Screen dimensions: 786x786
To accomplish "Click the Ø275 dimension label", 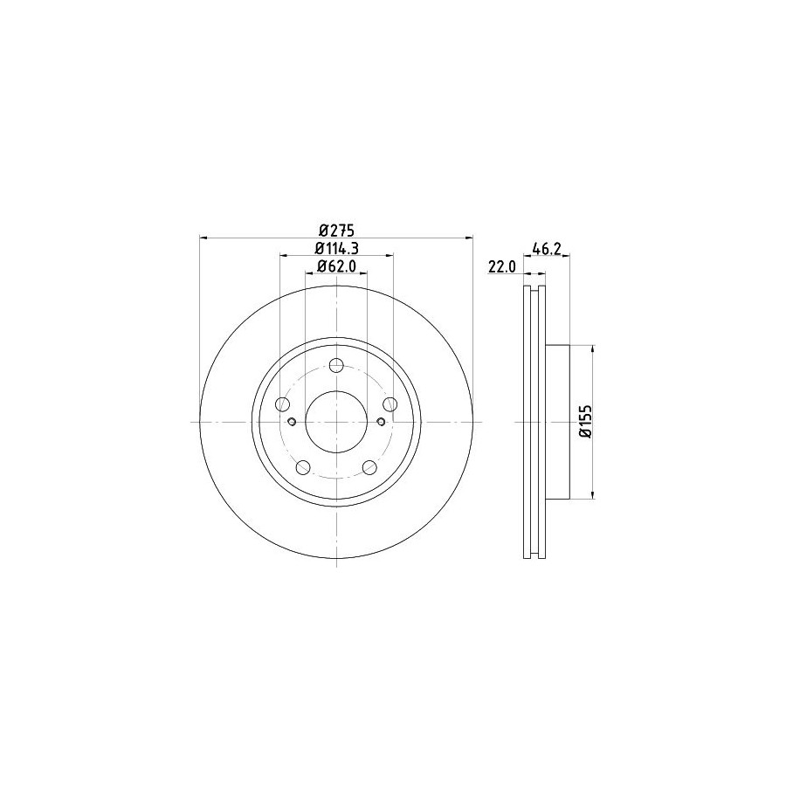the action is pyautogui.click(x=337, y=231).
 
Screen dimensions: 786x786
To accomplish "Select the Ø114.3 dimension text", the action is pyautogui.click(x=336, y=248).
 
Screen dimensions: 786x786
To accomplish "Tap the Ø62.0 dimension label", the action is pyautogui.click(x=336, y=266).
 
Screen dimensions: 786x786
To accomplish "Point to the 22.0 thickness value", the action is pyautogui.click(x=502, y=267).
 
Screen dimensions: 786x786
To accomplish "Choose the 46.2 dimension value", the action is pyautogui.click(x=547, y=249).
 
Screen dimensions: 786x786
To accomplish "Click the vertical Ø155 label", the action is pyautogui.click(x=586, y=422).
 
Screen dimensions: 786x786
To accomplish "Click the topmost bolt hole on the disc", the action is pyautogui.click(x=336, y=365).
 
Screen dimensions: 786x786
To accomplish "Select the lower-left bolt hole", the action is pyautogui.click(x=303, y=468).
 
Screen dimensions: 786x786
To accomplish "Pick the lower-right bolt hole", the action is pyautogui.click(x=369, y=468).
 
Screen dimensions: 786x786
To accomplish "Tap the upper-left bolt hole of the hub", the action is pyautogui.click(x=283, y=404).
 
